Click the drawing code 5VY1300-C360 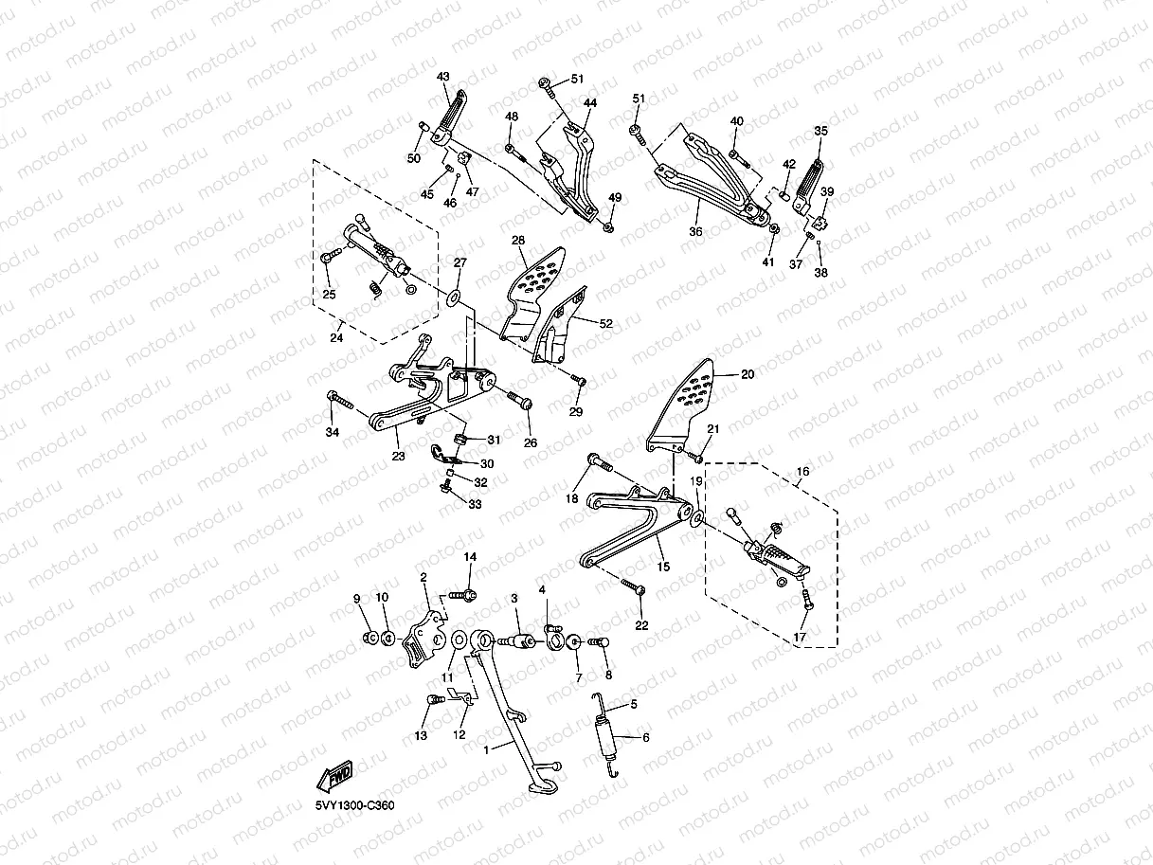[355, 805]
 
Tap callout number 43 [443, 76]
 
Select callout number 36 [696, 232]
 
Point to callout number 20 [748, 375]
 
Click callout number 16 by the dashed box [802, 471]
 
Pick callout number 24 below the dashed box [336, 336]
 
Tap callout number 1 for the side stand [487, 749]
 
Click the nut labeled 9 [368, 637]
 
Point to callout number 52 [606, 323]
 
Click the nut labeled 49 [608, 227]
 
